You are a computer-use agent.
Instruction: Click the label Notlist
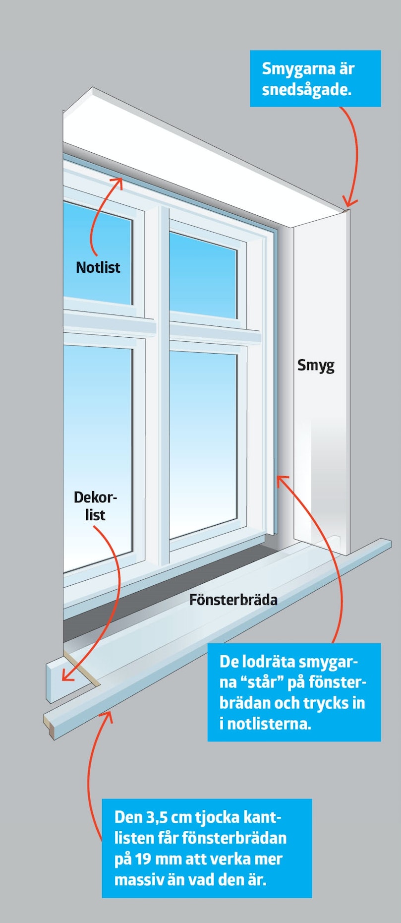pyautogui.click(x=98, y=267)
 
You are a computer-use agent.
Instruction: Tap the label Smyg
pyautogui.click(x=316, y=366)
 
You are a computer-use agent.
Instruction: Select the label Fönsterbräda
pyautogui.click(x=233, y=600)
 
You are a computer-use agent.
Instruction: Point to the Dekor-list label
pyautogui.click(x=95, y=506)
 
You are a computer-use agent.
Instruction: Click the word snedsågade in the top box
pyautogui.click(x=306, y=90)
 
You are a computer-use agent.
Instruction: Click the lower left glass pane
pyautogui.click(x=98, y=458)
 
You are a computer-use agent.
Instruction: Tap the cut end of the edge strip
pyautogui.click(x=49, y=725)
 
